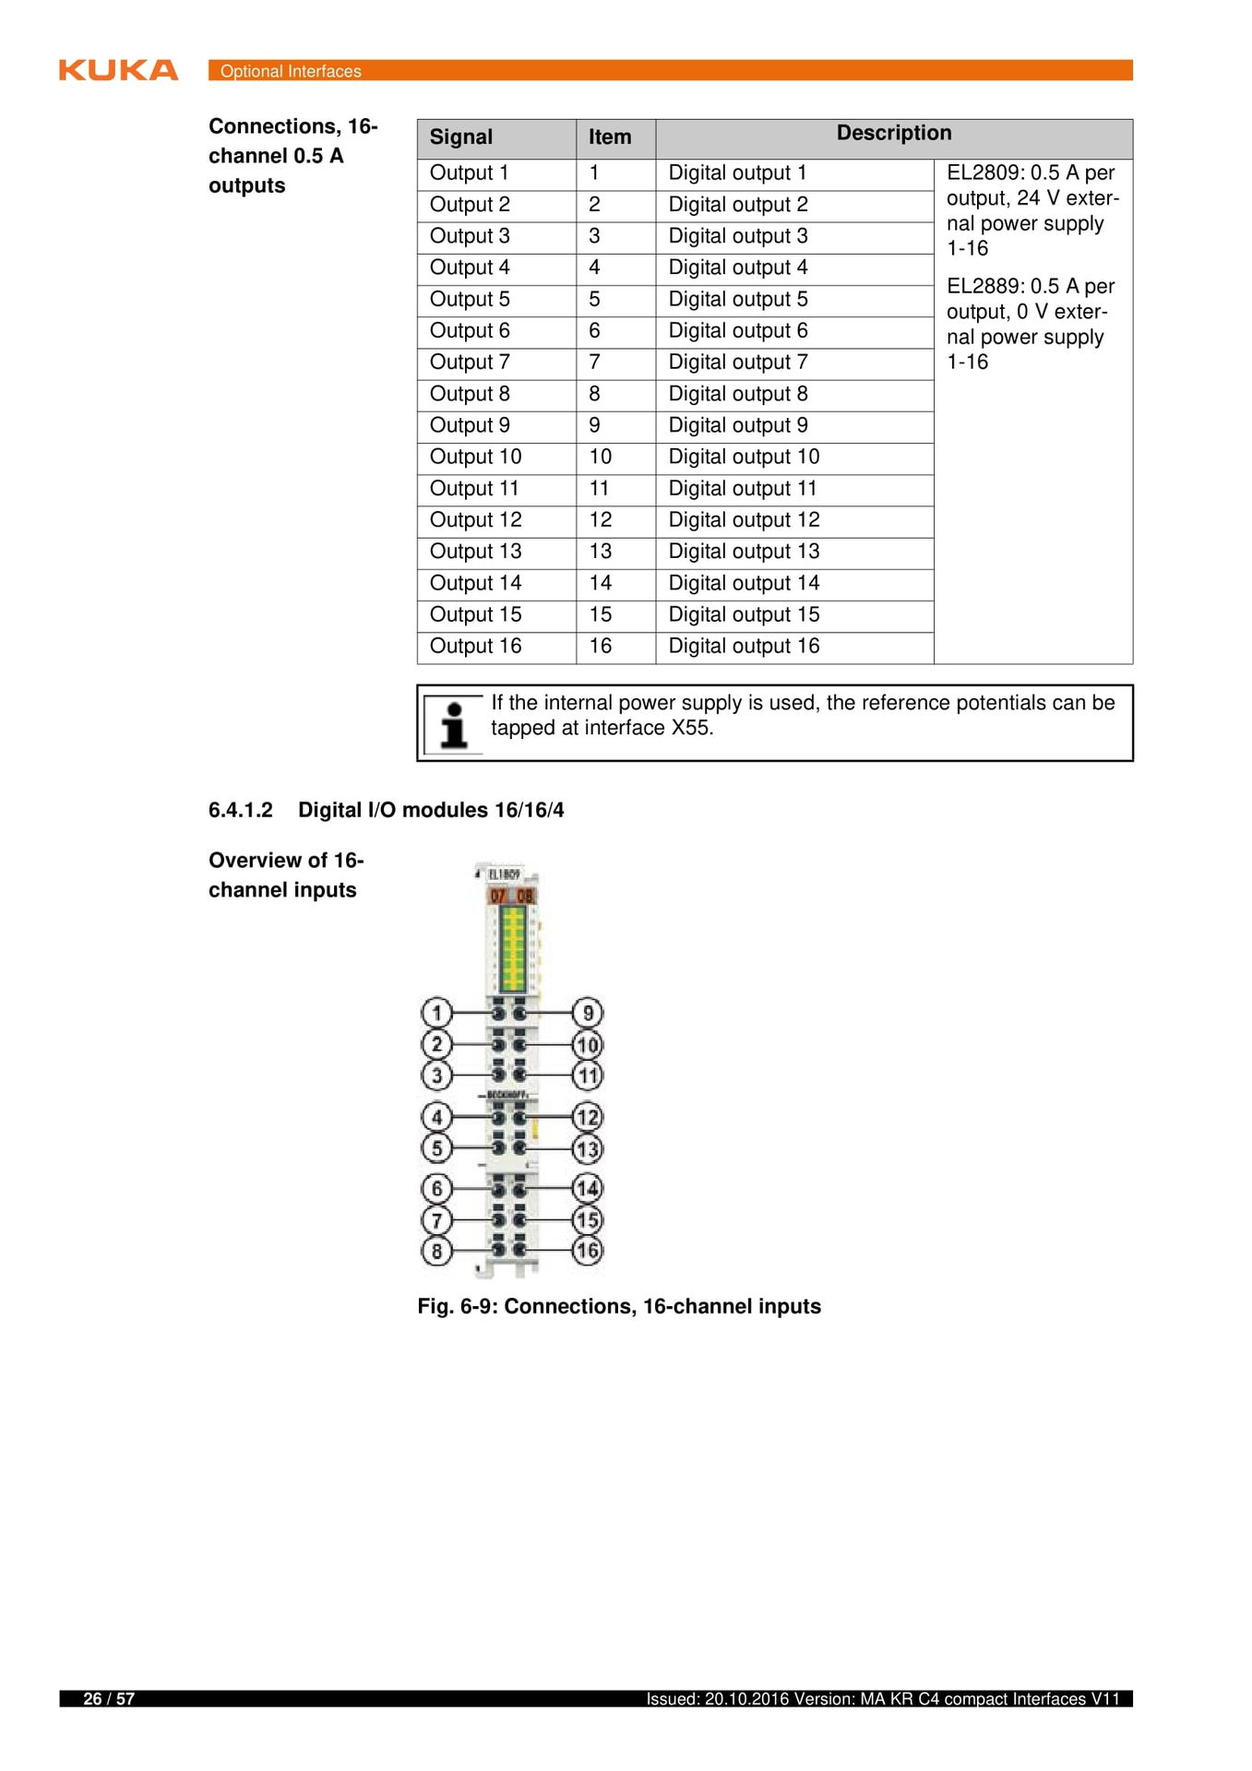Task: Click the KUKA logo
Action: [118, 70]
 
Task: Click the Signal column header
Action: [460, 137]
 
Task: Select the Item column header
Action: [610, 137]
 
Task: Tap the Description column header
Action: [893, 134]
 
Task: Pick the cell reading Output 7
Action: [470, 363]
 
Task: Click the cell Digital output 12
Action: [744, 520]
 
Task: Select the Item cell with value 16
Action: [601, 647]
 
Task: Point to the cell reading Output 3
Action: [470, 236]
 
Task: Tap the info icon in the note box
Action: [453, 724]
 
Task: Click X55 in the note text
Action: [691, 729]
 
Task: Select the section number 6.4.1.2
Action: [241, 811]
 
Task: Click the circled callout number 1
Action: [436, 1013]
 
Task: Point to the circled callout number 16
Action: [588, 1251]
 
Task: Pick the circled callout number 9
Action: [588, 1013]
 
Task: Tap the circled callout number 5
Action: [436, 1148]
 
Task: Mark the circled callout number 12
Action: [588, 1117]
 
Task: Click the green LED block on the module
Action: [513, 948]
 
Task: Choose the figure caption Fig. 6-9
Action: [618, 1307]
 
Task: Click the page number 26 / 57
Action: [109, 1699]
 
